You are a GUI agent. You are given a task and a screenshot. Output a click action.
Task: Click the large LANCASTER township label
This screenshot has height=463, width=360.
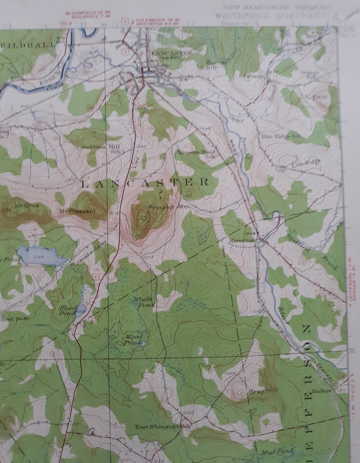click(145, 183)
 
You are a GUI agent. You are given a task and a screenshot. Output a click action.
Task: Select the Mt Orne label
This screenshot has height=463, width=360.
click(27, 206)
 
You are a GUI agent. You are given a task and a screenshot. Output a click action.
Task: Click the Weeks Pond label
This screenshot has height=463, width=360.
click(143, 302)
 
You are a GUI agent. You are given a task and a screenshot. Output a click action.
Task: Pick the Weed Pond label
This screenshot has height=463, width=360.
click(135, 339)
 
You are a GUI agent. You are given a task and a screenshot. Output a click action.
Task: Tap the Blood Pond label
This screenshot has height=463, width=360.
click(68, 310)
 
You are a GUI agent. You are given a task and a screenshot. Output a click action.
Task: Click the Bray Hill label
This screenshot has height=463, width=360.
click(257, 390)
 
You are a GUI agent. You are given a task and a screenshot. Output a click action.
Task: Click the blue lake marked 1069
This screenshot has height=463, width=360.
click(42, 257)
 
